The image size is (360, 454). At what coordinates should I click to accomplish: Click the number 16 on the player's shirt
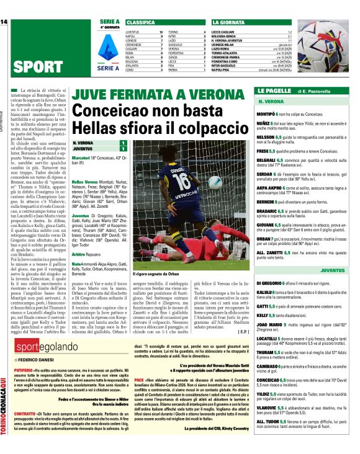pyautogui.click(x=181, y=180)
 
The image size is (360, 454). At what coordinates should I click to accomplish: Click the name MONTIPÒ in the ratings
pyautogui.click(x=267, y=115)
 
